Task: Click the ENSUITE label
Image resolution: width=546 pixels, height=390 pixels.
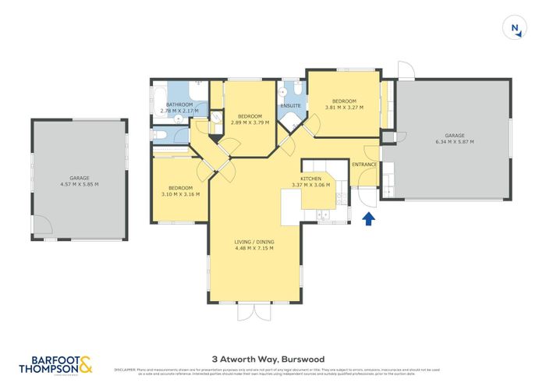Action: click(291, 105)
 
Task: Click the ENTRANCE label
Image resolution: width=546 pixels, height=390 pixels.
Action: click(364, 165)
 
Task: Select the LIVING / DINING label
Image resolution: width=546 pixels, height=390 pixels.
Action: click(254, 243)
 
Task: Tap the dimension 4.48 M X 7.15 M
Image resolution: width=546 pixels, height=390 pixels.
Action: click(254, 250)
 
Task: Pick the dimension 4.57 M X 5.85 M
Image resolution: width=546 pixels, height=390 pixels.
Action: click(79, 184)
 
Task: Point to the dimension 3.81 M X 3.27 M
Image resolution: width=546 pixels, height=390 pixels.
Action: click(343, 108)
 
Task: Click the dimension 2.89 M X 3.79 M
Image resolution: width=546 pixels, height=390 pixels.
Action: click(250, 122)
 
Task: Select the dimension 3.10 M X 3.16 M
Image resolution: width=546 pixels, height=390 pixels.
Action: click(180, 194)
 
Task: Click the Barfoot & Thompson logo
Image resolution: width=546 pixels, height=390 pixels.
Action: click(61, 363)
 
